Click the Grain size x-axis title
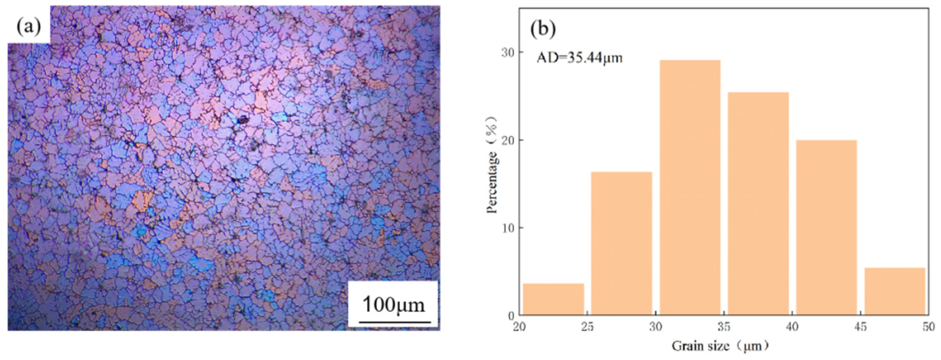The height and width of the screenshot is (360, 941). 720,346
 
